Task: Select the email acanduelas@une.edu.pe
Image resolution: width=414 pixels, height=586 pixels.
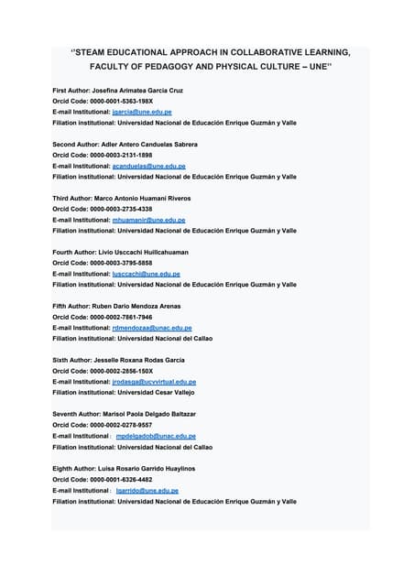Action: tap(148, 167)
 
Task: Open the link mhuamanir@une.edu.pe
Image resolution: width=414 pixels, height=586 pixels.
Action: tap(148, 220)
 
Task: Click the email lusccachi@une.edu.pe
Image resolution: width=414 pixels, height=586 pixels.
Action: tap(146, 274)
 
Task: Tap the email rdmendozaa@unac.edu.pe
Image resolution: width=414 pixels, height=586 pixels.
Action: tap(151, 328)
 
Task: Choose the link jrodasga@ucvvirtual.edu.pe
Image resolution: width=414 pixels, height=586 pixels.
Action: tap(154, 382)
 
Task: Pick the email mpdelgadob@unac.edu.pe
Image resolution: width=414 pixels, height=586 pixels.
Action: tap(156, 436)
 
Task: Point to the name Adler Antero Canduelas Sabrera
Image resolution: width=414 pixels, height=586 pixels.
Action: tap(157, 145)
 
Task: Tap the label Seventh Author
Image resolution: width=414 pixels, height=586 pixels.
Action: tap(74, 415)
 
